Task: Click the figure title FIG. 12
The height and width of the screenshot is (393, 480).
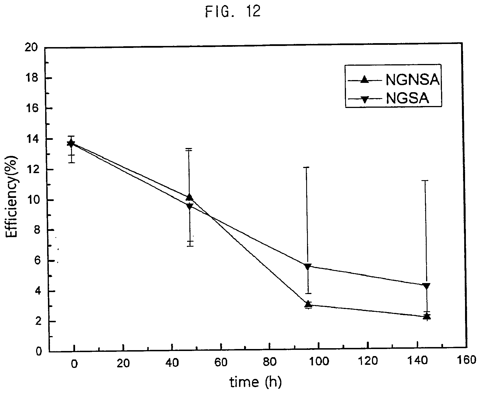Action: [233, 13]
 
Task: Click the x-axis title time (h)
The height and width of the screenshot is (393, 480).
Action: [255, 382]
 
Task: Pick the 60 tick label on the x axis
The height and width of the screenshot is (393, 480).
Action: [220, 362]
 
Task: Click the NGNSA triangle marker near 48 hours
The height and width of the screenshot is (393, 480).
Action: [189, 197]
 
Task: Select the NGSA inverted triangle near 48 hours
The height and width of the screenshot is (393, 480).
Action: [190, 206]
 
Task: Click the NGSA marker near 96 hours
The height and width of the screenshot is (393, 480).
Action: [308, 266]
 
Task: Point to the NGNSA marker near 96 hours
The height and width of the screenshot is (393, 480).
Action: [308, 304]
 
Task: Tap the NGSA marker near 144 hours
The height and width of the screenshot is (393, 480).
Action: [427, 286]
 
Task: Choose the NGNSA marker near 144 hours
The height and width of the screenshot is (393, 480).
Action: [427, 316]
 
